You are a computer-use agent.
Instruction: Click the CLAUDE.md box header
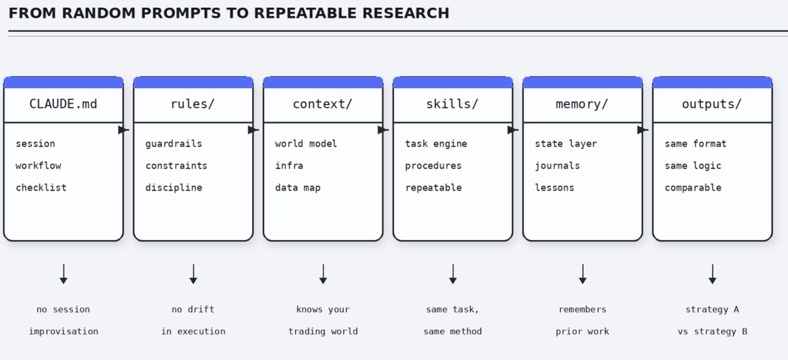pos(63,104)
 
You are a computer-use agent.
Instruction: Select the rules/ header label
pos(193,104)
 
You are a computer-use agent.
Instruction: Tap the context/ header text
pos(322,104)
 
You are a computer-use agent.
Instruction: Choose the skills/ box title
pos(452,104)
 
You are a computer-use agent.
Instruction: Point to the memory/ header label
pos(582,104)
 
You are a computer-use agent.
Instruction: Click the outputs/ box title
pos(712,104)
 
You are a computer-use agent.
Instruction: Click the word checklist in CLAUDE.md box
pos(41,188)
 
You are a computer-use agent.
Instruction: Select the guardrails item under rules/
pos(173,144)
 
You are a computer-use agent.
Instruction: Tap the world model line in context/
pos(306,144)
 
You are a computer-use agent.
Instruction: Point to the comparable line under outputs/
pos(693,188)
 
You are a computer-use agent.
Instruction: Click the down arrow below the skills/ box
pos(452,275)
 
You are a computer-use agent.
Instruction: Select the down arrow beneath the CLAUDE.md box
pos(63,275)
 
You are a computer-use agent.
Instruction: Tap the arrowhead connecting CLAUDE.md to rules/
pos(123,130)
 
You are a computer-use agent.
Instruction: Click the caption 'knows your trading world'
pos(322,320)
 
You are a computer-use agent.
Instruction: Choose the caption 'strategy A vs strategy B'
pos(712,320)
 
